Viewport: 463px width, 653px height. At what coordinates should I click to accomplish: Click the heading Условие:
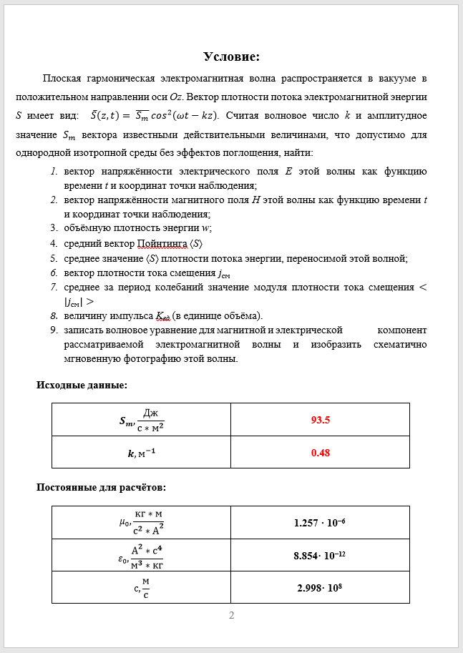click(231, 57)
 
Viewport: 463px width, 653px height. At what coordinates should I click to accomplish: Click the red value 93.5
click(320, 420)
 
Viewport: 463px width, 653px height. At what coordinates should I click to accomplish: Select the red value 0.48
click(320, 453)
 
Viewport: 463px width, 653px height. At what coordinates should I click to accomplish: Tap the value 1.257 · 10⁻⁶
click(320, 523)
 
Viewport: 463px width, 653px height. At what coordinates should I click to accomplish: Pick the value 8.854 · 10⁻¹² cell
click(320, 555)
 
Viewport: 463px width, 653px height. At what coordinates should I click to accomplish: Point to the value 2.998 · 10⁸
click(320, 587)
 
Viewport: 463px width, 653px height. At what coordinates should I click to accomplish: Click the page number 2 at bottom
click(231, 616)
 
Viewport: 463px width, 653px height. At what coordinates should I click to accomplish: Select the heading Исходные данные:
click(82, 385)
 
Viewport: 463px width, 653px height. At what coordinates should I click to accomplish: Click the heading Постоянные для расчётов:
click(101, 488)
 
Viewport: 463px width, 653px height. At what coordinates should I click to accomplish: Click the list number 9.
click(54, 330)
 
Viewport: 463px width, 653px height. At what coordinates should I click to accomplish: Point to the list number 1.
click(54, 172)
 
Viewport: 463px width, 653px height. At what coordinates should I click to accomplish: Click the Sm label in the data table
click(126, 421)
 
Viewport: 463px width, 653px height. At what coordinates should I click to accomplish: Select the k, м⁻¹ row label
click(141, 453)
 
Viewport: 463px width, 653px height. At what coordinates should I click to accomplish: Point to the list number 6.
click(54, 273)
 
